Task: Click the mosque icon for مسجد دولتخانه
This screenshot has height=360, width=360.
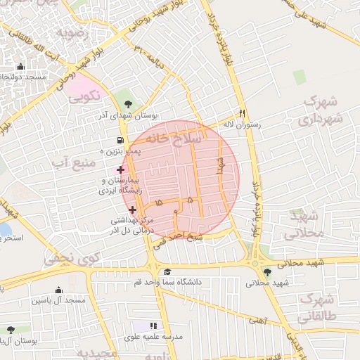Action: [19, 67]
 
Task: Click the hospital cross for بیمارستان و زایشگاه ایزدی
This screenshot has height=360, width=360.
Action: [120, 169]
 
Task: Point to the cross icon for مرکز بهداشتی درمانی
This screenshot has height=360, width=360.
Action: [132, 210]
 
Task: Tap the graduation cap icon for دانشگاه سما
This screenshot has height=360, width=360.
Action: [167, 272]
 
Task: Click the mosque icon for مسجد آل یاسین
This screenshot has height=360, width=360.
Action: [58, 290]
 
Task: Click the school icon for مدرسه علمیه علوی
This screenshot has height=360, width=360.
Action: [153, 326]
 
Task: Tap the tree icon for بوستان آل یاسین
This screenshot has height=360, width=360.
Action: [10, 329]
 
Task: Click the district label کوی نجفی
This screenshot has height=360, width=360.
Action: [72, 259]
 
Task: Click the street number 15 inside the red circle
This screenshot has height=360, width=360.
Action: [158, 202]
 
